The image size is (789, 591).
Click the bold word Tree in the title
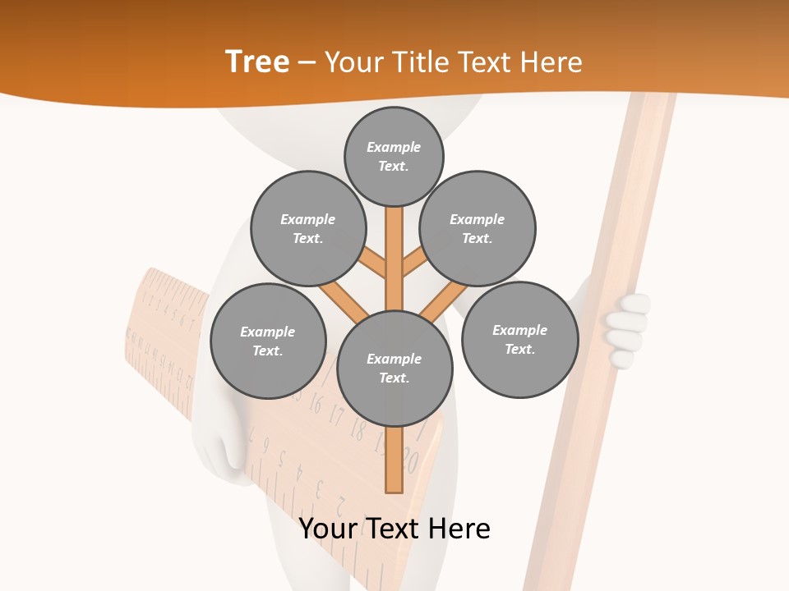point(257,62)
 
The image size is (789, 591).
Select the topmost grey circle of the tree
point(394,156)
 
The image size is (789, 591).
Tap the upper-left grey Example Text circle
point(308,228)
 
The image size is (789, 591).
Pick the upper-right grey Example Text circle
point(478,228)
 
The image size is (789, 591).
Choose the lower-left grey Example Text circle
point(268,341)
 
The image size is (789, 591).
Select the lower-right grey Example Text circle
point(519,339)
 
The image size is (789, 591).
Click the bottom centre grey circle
point(394,368)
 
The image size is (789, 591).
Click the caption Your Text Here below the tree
point(394,529)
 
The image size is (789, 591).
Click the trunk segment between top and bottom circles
point(394,259)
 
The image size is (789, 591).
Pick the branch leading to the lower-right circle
point(444,300)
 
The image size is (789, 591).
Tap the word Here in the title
point(550,62)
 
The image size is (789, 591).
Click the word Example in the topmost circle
point(394,147)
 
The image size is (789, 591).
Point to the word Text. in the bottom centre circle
point(394,378)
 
